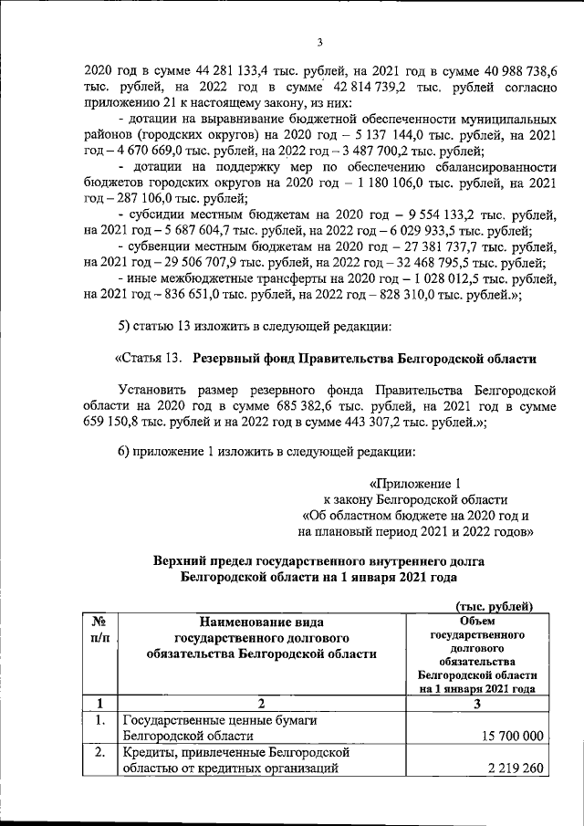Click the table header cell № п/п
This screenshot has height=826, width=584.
(x=100, y=629)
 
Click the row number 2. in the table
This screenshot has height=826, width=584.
(x=101, y=753)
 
